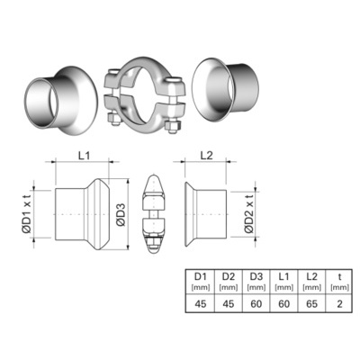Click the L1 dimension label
tap(84, 156)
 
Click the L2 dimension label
tap(206, 156)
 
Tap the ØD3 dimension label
tap(121, 214)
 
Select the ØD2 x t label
tap(248, 213)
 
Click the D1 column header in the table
tap(201, 276)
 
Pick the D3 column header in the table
tap(256, 276)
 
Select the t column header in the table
tap(339, 276)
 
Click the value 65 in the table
tap(311, 303)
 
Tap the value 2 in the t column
tap(339, 303)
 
